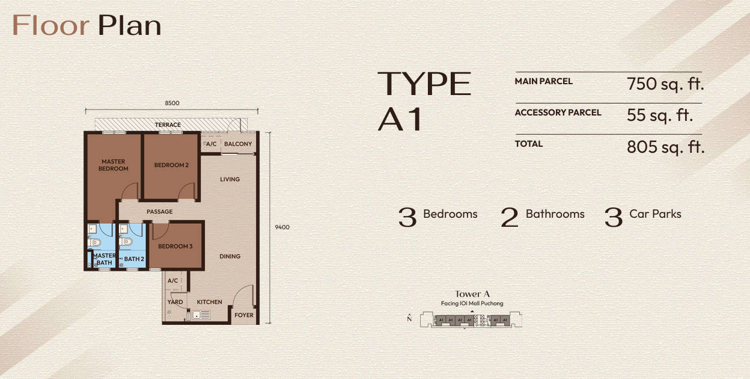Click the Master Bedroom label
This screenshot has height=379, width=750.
114,165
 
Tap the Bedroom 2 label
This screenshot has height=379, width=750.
171,165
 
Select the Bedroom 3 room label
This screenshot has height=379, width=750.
175,247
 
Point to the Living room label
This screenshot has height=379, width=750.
230,179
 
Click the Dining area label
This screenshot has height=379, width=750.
230,256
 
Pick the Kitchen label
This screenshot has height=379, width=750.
210,302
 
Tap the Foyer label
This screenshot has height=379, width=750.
244,315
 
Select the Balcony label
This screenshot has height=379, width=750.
238,144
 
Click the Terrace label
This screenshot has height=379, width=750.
168,125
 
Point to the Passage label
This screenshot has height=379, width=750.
159,212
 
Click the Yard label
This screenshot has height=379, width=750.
175,302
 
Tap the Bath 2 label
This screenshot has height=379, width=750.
134,259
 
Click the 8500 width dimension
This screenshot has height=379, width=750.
172,103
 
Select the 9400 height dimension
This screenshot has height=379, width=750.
282,227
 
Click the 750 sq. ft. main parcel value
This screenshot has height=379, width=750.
665,84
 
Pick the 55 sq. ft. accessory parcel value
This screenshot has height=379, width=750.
659,116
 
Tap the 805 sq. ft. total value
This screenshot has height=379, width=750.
665,147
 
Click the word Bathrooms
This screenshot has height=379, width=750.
555,214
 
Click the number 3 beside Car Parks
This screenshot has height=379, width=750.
613,217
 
